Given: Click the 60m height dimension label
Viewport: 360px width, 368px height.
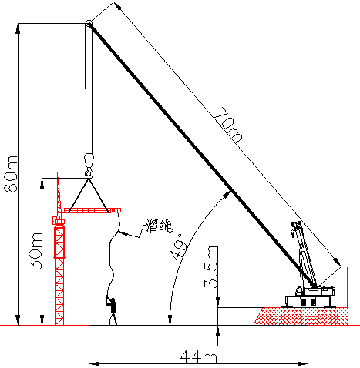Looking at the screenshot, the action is [x=11, y=174].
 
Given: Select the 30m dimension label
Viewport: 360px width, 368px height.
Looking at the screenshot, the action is [x=35, y=251].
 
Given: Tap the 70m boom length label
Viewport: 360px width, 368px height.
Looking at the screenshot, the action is [x=228, y=125].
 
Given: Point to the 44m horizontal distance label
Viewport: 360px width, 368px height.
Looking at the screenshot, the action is [x=198, y=357].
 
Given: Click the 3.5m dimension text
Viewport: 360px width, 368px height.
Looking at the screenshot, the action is [x=211, y=267].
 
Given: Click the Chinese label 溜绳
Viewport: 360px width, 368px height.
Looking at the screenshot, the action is [x=160, y=226].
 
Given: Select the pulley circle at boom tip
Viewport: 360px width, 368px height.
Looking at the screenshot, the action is [x=89, y=23].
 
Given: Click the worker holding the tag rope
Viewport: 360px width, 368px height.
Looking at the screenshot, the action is [x=113, y=310].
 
